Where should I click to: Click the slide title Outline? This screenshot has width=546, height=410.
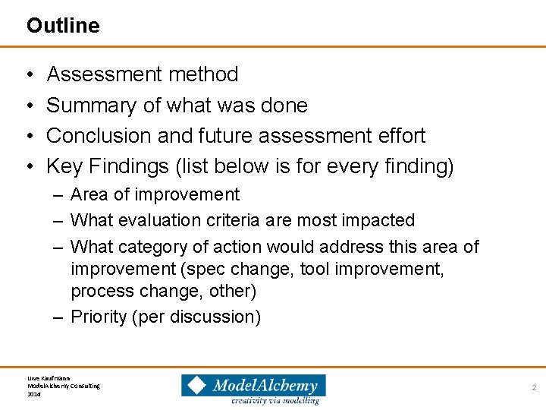(x=63, y=26)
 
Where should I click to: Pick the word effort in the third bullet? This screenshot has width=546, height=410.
(x=399, y=136)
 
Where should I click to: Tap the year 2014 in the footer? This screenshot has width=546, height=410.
(x=34, y=395)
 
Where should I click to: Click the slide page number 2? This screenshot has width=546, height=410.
(x=534, y=387)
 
